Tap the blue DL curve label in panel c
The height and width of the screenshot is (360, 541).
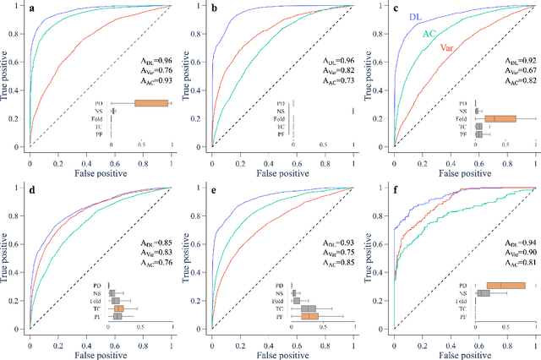tap(416, 16)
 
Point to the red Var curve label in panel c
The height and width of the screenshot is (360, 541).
tap(450, 49)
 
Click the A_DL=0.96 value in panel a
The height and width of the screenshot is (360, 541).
tap(156, 60)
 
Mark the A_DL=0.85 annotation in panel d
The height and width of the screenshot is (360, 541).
tap(156, 242)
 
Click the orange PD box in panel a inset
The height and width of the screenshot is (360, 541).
tap(152, 103)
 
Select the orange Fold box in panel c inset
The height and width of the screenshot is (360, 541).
tap(500, 119)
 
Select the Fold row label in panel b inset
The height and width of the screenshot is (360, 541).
tap(279, 119)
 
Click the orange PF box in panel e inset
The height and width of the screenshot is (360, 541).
tap(309, 317)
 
